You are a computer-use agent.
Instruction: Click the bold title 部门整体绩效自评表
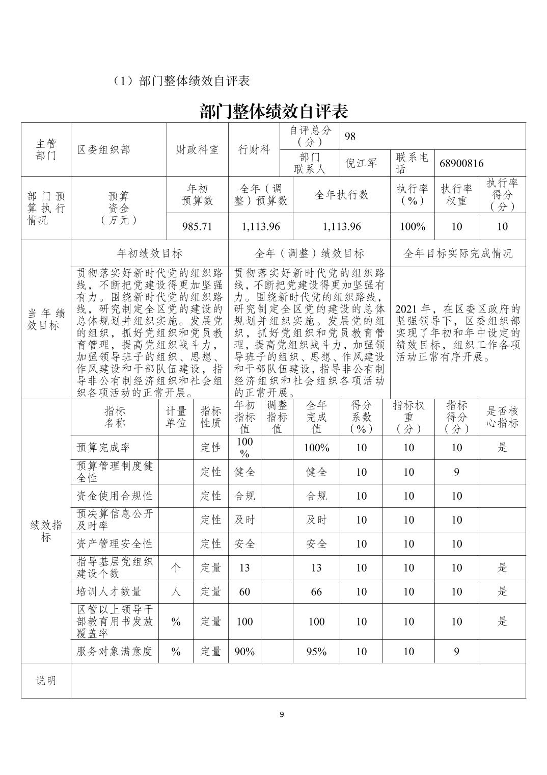point(273,111)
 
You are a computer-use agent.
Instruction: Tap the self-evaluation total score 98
point(350,136)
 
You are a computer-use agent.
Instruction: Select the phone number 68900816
point(461,163)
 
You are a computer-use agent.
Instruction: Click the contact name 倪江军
point(361,163)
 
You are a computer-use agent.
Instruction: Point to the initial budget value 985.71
point(197,226)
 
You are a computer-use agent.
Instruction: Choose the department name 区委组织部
point(103,150)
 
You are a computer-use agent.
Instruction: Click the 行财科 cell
point(254,150)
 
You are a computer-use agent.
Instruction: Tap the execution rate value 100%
point(412,226)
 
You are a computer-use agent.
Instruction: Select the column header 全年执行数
point(341,195)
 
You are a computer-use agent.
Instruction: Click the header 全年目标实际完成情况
point(457,253)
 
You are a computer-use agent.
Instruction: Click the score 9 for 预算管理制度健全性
point(456,472)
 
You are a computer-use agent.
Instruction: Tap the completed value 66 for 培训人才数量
point(316,591)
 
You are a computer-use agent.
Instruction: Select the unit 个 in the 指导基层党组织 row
point(176,567)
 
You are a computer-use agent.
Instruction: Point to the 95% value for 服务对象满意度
point(316,651)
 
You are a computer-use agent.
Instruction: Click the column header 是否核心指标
point(502,417)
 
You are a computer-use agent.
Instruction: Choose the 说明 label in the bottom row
point(46,680)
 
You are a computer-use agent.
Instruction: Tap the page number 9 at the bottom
point(282,714)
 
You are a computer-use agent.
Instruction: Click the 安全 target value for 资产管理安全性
point(244,544)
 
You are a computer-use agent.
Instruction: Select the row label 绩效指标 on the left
point(46,531)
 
